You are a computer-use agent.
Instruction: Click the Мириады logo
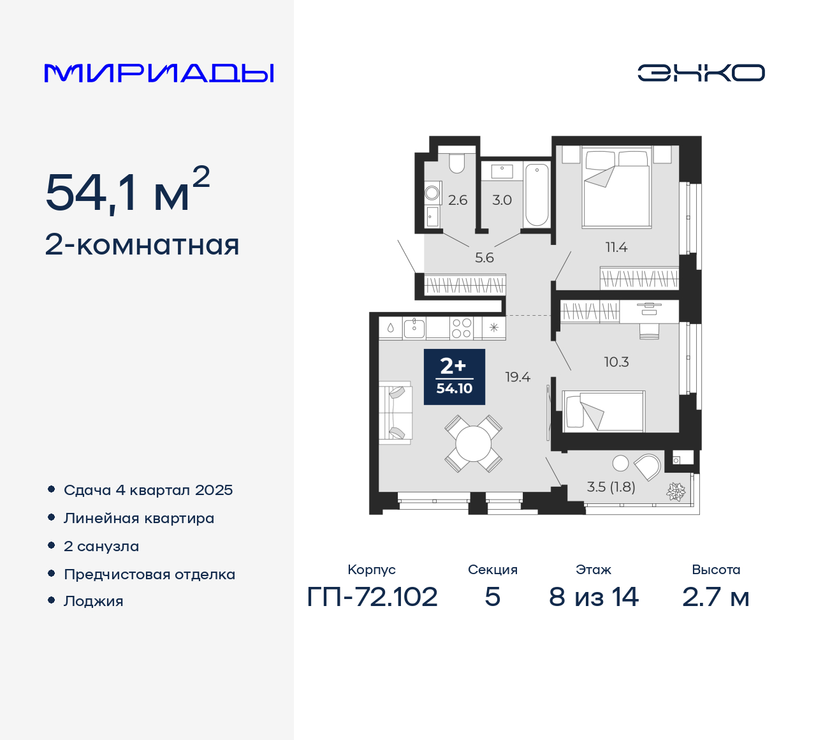[159, 73]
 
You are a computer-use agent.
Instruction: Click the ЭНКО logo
[701, 73]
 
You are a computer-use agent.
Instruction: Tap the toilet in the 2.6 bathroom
[457, 163]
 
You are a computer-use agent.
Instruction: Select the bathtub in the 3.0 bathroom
[537, 194]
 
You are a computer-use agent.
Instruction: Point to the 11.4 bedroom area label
[616, 248]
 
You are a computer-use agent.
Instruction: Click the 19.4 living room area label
[518, 377]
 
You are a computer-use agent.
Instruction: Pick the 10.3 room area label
[616, 362]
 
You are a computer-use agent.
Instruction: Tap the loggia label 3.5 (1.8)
[611, 487]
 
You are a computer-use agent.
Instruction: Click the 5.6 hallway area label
[484, 258]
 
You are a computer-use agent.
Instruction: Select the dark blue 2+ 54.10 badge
[455, 377]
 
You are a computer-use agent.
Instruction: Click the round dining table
[474, 443]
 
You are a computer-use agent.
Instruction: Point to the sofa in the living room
[395, 413]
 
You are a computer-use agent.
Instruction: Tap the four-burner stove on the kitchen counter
[462, 328]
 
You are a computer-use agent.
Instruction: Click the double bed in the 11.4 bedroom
[616, 188]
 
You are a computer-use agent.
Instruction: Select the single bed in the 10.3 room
[604, 411]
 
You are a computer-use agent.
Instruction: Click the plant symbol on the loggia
[676, 491]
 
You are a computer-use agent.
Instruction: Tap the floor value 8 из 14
[594, 597]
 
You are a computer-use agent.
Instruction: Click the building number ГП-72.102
[372, 597]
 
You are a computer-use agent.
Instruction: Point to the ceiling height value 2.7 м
[716, 597]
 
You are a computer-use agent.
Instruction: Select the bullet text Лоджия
[94, 602]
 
